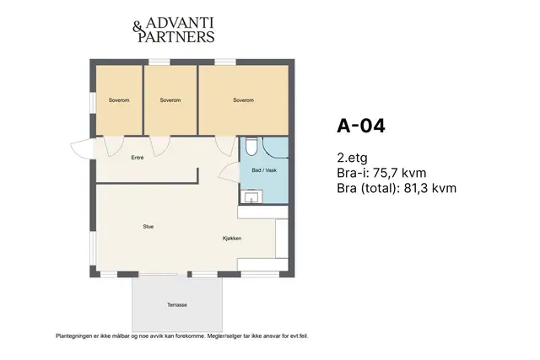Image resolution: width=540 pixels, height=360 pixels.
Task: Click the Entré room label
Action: (x=138, y=158)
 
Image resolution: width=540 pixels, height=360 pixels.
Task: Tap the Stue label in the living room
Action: (x=148, y=227)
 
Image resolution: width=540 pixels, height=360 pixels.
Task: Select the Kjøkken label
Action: (x=232, y=238)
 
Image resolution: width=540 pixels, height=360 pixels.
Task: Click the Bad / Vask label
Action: (x=264, y=170)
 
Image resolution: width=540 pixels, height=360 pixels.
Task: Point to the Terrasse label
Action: (x=177, y=304)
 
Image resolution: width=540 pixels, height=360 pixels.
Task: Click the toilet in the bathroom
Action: (x=251, y=146)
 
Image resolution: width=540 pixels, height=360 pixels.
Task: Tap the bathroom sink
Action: (x=251, y=197)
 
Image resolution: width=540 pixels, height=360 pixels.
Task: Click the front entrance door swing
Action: (x=83, y=148)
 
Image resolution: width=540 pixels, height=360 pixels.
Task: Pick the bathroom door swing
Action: (x=229, y=172)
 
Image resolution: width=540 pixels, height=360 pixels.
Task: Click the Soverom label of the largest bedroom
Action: (x=244, y=100)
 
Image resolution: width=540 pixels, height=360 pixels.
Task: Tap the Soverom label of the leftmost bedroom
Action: (x=119, y=100)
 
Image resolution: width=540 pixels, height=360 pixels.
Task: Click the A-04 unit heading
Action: (x=361, y=126)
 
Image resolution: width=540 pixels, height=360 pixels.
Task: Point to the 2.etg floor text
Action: (x=353, y=158)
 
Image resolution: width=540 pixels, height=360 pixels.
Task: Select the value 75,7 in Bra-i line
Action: (x=384, y=173)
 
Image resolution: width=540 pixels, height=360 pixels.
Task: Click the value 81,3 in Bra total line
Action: (x=416, y=188)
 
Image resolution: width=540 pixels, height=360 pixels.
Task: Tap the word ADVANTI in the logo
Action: (x=180, y=23)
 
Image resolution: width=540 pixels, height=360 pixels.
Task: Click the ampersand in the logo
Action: (x=137, y=28)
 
